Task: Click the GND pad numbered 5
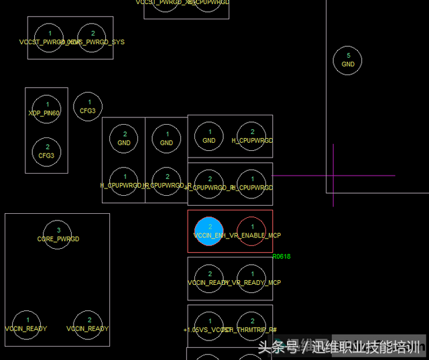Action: [347, 60]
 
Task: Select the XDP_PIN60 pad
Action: [47, 109]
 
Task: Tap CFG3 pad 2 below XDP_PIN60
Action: [47, 151]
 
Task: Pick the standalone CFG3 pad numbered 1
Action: [87, 107]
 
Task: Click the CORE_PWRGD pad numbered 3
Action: [58, 234]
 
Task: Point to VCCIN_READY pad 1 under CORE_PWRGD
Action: [27, 324]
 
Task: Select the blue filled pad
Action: [209, 231]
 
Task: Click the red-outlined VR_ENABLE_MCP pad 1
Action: [251, 231]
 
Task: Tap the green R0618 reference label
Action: [282, 257]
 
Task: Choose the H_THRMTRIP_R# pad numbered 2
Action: [251, 325]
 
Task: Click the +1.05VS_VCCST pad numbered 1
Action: [209, 325]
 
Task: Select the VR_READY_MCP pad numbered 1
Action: [251, 278]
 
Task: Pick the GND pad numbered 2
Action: [124, 138]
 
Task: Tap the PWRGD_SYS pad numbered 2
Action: [93, 38]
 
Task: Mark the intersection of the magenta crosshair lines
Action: [333, 176]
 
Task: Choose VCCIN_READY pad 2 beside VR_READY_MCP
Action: [209, 278]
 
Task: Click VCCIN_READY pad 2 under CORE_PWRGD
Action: [88, 324]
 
